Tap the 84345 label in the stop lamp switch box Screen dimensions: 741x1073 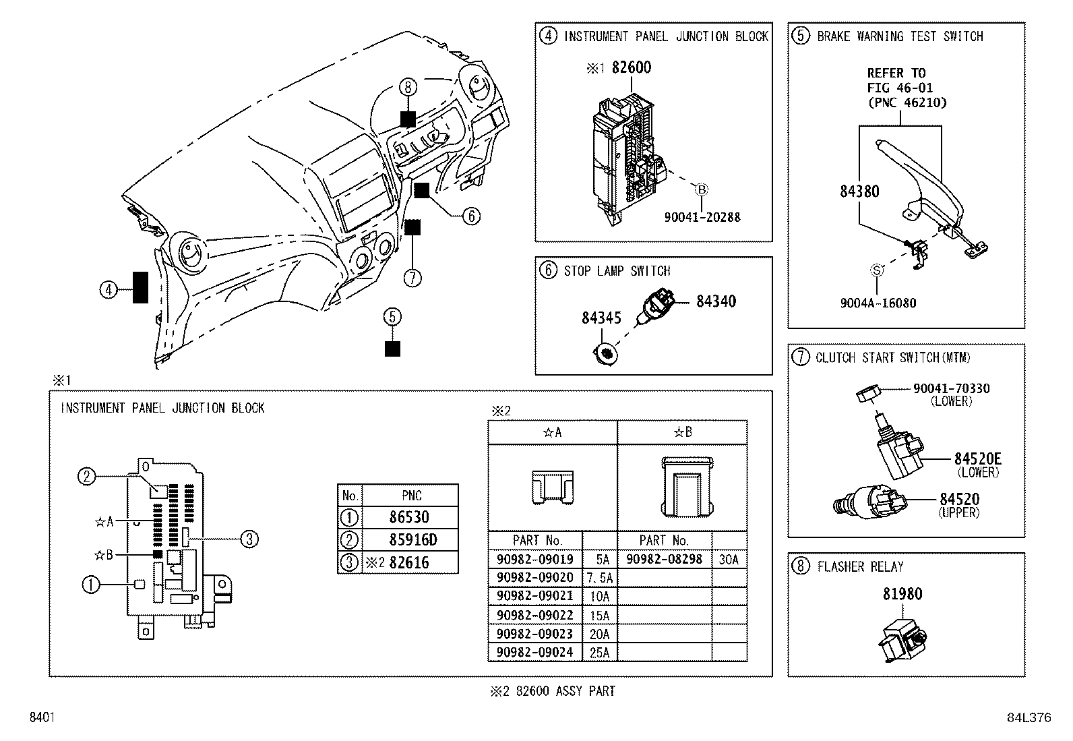click(x=601, y=318)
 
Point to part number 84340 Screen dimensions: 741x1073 click(x=716, y=301)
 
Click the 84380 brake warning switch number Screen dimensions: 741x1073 click(x=859, y=191)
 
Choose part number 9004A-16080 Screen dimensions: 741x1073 click(x=878, y=303)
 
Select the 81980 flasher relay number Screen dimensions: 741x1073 click(x=902, y=594)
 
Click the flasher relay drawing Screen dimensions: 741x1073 click(x=904, y=636)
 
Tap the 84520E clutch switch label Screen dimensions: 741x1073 click(x=977, y=459)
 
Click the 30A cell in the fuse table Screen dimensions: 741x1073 click(x=729, y=559)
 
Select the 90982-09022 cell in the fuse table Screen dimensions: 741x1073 click(x=535, y=616)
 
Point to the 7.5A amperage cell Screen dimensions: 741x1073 click(x=599, y=578)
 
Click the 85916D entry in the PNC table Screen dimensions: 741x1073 click(x=412, y=540)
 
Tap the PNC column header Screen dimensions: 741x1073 click(x=411, y=496)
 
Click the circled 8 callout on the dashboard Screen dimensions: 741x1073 click(x=408, y=87)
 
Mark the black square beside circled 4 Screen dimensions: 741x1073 click(x=140, y=287)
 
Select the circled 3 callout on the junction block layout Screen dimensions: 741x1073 click(x=249, y=539)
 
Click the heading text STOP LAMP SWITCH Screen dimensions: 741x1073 click(x=617, y=271)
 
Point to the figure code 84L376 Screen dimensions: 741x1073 click(x=1029, y=718)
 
